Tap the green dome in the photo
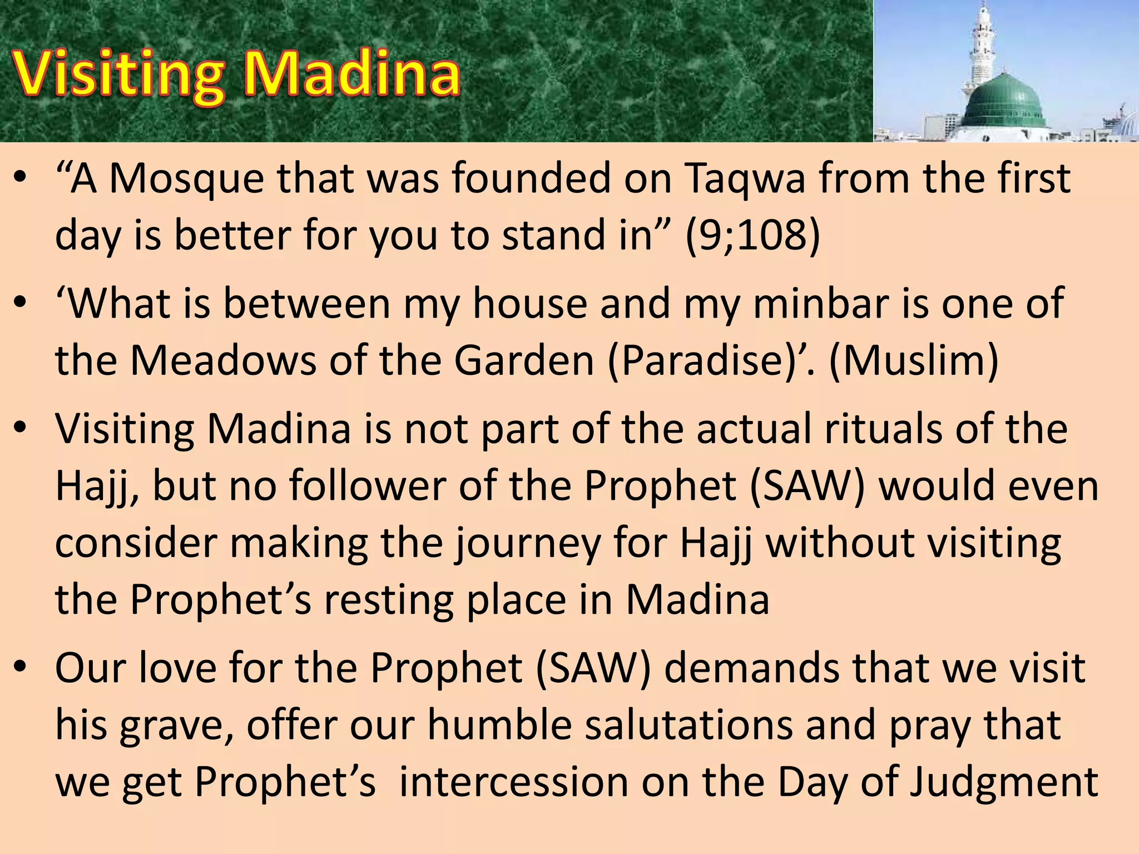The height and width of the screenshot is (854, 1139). (1004, 100)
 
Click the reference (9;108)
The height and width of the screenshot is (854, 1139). (752, 235)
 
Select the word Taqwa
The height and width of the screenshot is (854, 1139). (745, 179)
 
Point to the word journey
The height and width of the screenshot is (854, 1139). (528, 543)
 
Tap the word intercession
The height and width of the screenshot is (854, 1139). (514, 782)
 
